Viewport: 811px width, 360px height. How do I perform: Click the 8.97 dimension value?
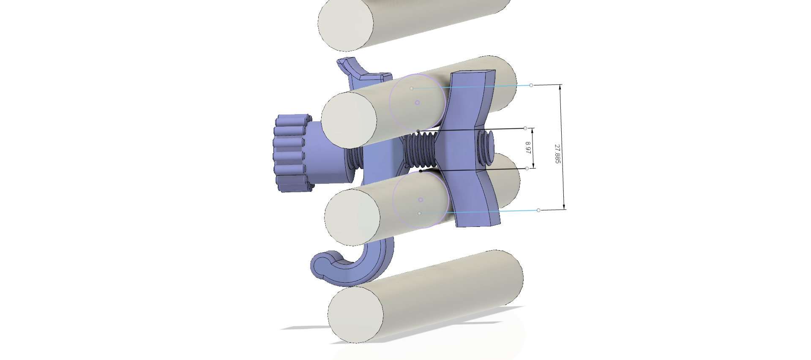click(528, 148)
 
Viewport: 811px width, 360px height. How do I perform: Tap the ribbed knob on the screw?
click(292, 153)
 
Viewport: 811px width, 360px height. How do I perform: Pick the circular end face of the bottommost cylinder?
click(355, 315)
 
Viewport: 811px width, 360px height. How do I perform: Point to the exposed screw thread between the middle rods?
click(420, 151)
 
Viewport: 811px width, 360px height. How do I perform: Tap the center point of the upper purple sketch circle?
click(418, 102)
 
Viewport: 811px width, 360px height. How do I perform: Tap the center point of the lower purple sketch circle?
click(421, 199)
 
